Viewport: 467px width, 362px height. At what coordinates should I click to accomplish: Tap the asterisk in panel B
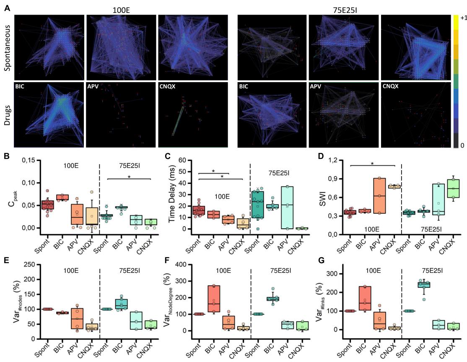(x=129, y=177)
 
